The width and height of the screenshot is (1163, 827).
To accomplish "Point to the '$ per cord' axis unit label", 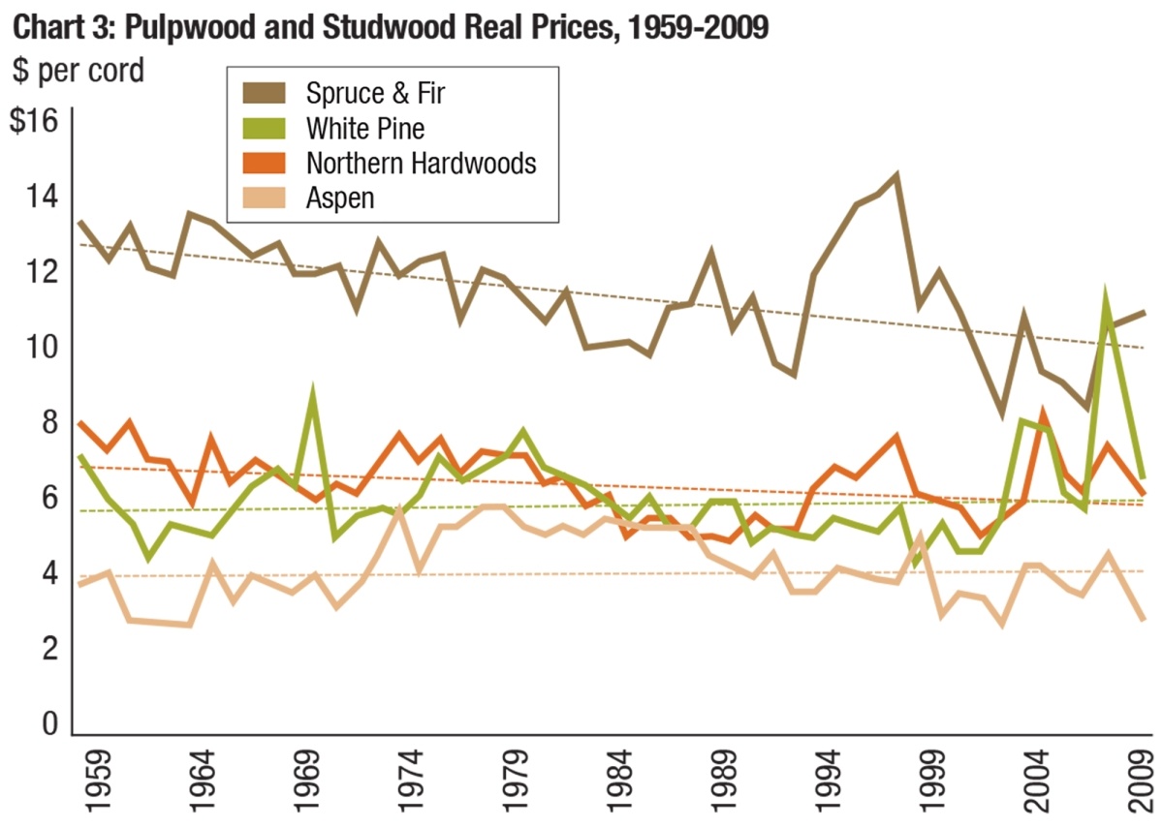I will tap(78, 70).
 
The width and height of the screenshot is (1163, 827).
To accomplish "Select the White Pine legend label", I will tap(365, 128).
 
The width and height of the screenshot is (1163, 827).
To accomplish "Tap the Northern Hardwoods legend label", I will tap(421, 163).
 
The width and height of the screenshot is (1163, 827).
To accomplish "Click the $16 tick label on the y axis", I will tap(35, 122).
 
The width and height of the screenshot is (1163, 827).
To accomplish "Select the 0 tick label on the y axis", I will tap(48, 724).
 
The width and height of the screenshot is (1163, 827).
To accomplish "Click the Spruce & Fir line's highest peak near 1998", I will tap(896, 176).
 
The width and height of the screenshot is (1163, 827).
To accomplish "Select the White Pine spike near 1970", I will tap(312, 393).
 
